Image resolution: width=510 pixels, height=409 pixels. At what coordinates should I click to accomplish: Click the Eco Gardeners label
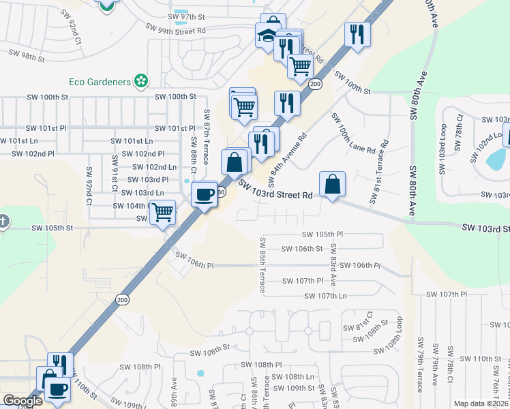(100, 82)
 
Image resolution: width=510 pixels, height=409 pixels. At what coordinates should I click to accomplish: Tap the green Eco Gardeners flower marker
(141, 82)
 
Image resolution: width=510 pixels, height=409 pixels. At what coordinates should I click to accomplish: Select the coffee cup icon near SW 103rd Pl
(205, 195)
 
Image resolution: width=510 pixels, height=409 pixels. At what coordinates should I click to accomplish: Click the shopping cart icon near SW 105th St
(162, 212)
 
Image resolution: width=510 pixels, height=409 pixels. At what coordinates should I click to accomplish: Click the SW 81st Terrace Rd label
(378, 172)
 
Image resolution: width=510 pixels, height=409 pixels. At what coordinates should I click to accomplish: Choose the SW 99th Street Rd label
(176, 29)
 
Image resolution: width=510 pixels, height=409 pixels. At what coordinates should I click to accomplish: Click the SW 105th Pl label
(323, 234)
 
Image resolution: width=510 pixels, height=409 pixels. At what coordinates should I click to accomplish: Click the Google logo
(23, 401)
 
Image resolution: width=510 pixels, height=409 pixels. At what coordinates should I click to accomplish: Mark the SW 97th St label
(185, 15)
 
